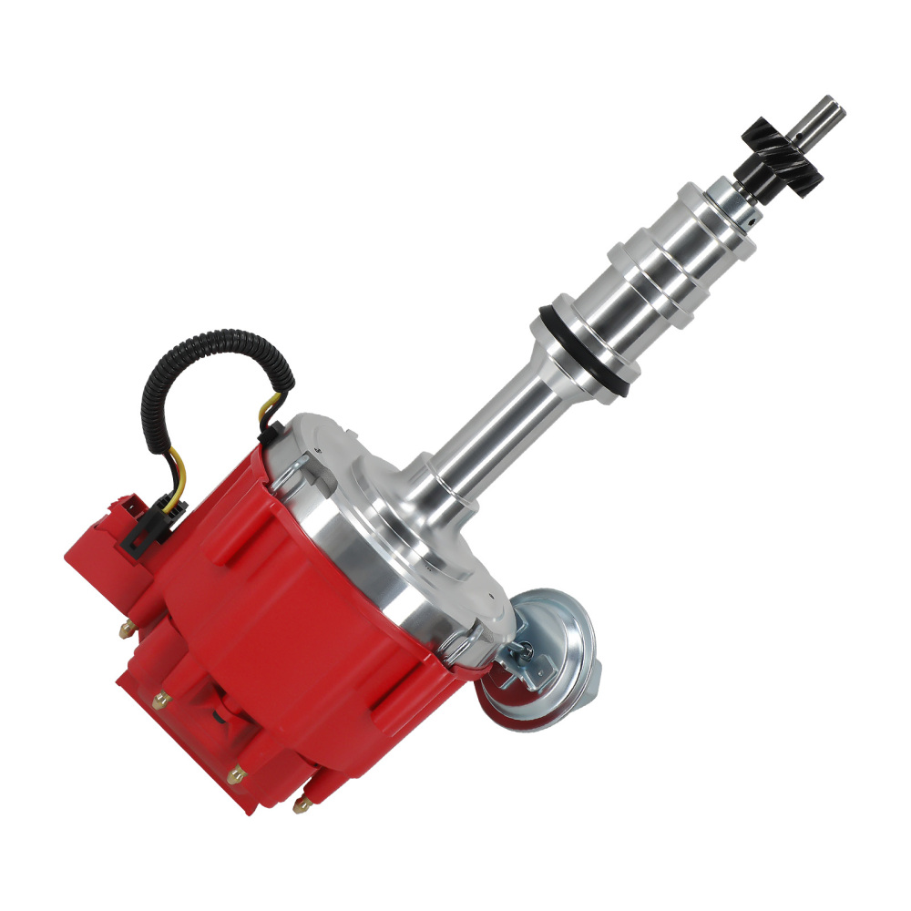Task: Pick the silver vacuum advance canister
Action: coord(551,651)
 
